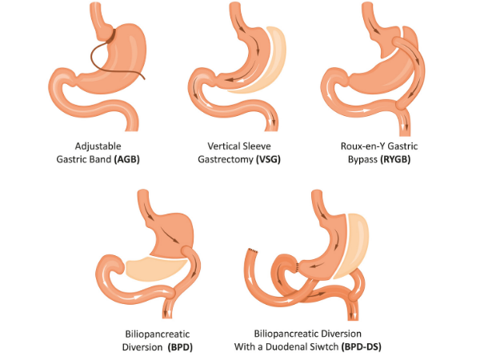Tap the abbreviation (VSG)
269,160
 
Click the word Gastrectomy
225,160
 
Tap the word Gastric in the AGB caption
71,160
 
